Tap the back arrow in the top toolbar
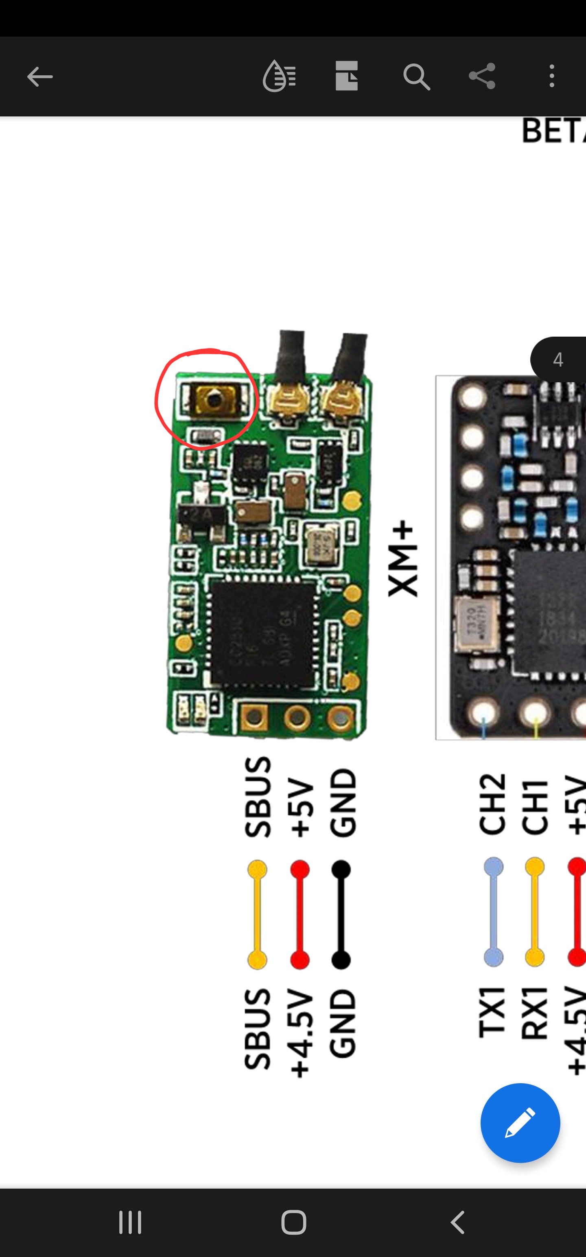pyautogui.click(x=39, y=77)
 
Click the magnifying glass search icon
pyautogui.click(x=416, y=77)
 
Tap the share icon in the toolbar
pyautogui.click(x=482, y=76)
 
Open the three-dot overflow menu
pyautogui.click(x=552, y=76)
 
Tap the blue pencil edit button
pyautogui.click(x=520, y=1123)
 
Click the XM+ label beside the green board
pyautogui.click(x=403, y=559)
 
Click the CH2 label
pyautogui.click(x=492, y=804)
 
